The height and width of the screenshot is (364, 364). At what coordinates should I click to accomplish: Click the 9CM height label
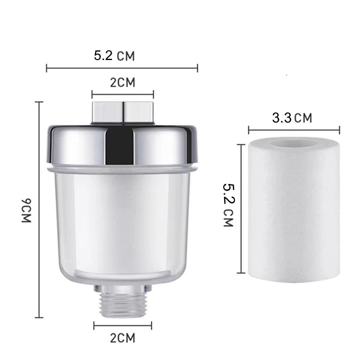pyautogui.click(x=26, y=211)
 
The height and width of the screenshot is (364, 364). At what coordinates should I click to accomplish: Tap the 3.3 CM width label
pyautogui.click(x=292, y=118)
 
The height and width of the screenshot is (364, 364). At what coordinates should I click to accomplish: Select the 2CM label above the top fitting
pyautogui.click(x=123, y=83)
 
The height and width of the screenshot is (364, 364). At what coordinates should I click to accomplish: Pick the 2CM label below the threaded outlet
pyautogui.click(x=123, y=338)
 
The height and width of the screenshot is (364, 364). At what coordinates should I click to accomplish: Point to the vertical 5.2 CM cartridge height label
pyautogui.click(x=228, y=205)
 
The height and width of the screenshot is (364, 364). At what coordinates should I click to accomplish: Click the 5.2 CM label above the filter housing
pyautogui.click(x=114, y=56)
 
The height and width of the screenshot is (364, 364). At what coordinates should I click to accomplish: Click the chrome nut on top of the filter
pyautogui.click(x=123, y=112)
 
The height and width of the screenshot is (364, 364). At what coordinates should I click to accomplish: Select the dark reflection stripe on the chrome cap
pyautogui.click(x=119, y=145)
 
